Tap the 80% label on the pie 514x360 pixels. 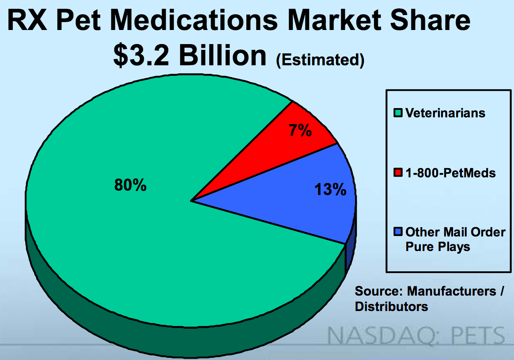tap(130, 186)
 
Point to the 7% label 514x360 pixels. tap(301, 131)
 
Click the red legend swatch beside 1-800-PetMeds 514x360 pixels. tap(398, 173)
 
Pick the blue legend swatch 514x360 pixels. tap(398, 232)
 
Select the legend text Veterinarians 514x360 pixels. tap(445, 113)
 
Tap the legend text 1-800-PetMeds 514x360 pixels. tap(450, 173)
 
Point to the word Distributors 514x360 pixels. tap(392, 306)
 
